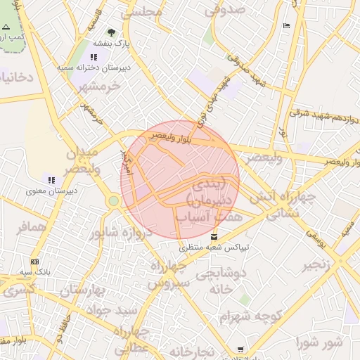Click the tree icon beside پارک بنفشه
point(112,32)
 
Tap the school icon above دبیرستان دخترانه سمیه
point(94,56)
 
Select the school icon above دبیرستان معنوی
point(51,180)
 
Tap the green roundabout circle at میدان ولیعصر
point(113,202)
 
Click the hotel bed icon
point(286,25)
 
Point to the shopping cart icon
point(241,349)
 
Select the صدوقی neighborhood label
point(225,10)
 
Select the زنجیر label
point(316,266)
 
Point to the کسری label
point(18,288)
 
